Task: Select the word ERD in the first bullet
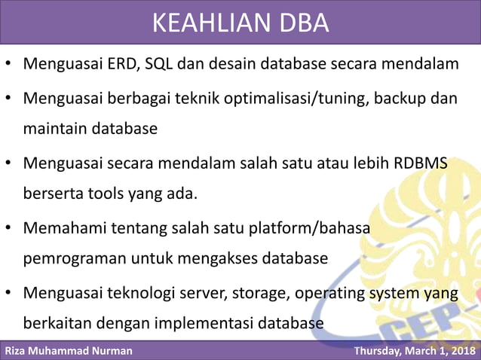pyautogui.click(x=117, y=63)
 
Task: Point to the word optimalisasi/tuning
pyautogui.click(x=299, y=99)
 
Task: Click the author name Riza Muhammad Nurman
pyautogui.click(x=69, y=351)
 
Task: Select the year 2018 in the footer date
pyautogui.click(x=461, y=351)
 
